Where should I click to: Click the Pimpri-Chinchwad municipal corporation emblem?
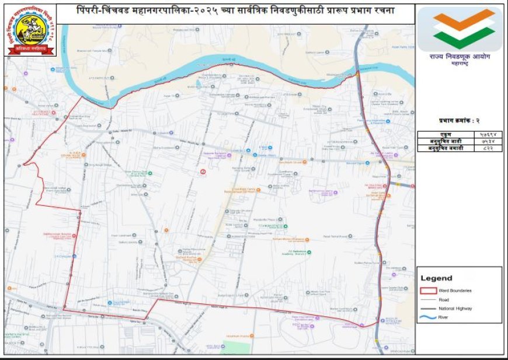point(30,29)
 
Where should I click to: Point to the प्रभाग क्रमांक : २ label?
point(460,121)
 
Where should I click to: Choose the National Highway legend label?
point(458,308)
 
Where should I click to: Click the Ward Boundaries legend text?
point(458,290)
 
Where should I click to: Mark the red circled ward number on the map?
point(203,172)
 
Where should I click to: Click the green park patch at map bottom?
point(236,348)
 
